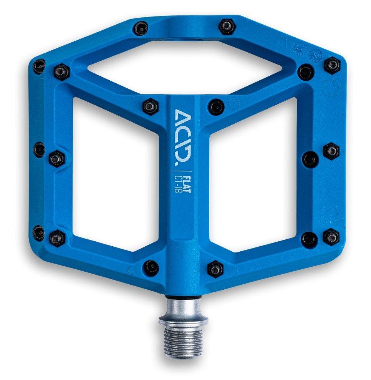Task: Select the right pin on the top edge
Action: pos(227,27)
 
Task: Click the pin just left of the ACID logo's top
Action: pos(151,106)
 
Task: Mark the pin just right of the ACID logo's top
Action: pos(216,106)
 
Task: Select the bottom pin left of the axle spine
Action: pos(151,267)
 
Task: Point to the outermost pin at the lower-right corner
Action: pos(331,236)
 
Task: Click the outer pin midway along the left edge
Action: pos(39,149)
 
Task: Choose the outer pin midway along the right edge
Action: pos(331,151)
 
